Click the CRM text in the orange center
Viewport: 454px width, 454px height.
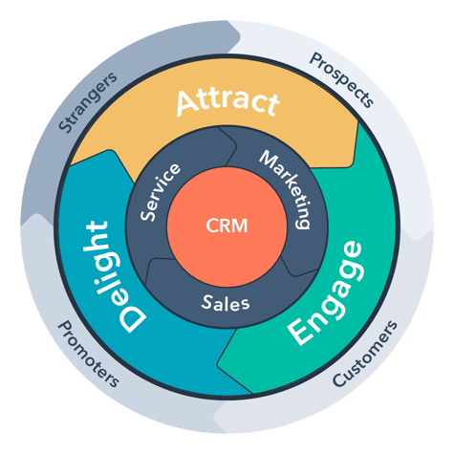point(226,227)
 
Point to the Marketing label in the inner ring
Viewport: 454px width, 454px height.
point(286,188)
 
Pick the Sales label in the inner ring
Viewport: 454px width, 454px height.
point(226,304)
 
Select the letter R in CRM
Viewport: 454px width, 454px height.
point(226,227)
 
